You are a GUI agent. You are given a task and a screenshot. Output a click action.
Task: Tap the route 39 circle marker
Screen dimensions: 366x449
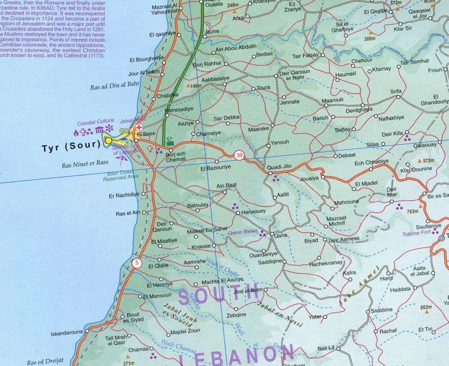tap(239, 156)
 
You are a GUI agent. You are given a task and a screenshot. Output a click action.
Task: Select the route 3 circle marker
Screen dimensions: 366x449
tap(136, 262)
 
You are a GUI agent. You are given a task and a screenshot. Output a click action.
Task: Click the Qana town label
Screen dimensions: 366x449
tap(280, 235)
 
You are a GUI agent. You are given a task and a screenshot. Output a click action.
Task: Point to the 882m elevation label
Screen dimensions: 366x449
tap(425, 307)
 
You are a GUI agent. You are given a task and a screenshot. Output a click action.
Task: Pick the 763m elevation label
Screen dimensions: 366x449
tap(413, 212)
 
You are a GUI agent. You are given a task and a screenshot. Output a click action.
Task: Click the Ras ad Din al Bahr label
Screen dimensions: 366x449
tap(114, 87)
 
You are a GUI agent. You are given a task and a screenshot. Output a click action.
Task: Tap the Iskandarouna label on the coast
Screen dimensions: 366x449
tap(67, 333)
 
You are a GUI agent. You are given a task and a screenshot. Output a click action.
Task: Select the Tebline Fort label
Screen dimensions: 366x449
tap(416, 233)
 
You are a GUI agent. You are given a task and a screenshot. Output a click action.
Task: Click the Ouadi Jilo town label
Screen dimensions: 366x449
tap(279, 167)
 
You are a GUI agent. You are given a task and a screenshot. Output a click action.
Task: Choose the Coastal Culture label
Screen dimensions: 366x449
tap(95, 121)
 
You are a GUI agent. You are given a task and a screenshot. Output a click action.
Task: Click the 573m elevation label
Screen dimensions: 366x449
tap(428, 161)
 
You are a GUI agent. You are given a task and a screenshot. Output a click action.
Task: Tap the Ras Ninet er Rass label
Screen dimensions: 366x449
tap(85, 163)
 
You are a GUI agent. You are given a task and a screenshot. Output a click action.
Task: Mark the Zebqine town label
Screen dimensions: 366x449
tap(236, 316)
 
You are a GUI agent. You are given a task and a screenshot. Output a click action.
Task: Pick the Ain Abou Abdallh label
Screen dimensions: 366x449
tap(236, 47)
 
